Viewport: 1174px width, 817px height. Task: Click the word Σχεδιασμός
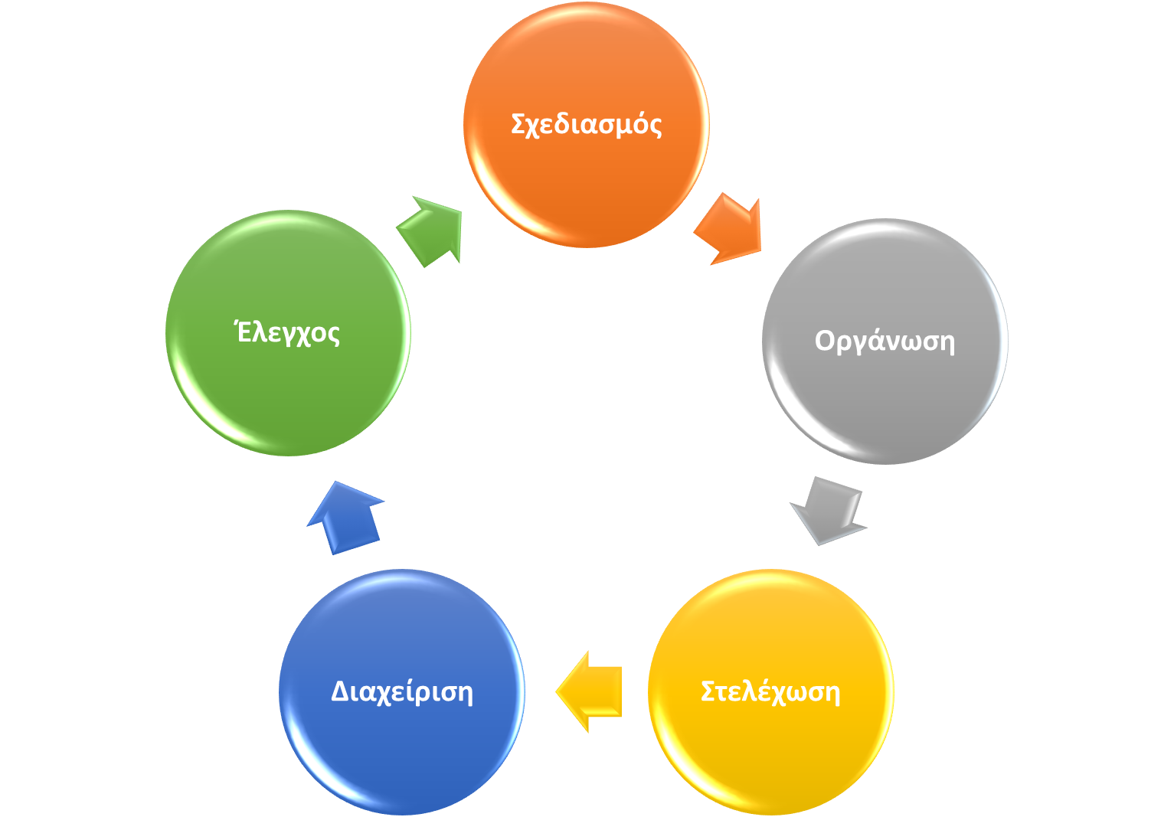[x=586, y=124]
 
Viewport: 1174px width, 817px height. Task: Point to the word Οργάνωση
[x=885, y=341]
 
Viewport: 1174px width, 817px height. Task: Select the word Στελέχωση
[x=770, y=691]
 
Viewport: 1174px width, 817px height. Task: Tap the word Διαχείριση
[x=401, y=691]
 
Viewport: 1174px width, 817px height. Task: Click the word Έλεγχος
[x=288, y=333]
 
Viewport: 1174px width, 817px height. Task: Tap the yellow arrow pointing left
[x=589, y=691]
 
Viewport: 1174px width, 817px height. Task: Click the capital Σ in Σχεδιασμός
[x=518, y=123]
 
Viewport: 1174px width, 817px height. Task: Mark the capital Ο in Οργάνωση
[x=824, y=340]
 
